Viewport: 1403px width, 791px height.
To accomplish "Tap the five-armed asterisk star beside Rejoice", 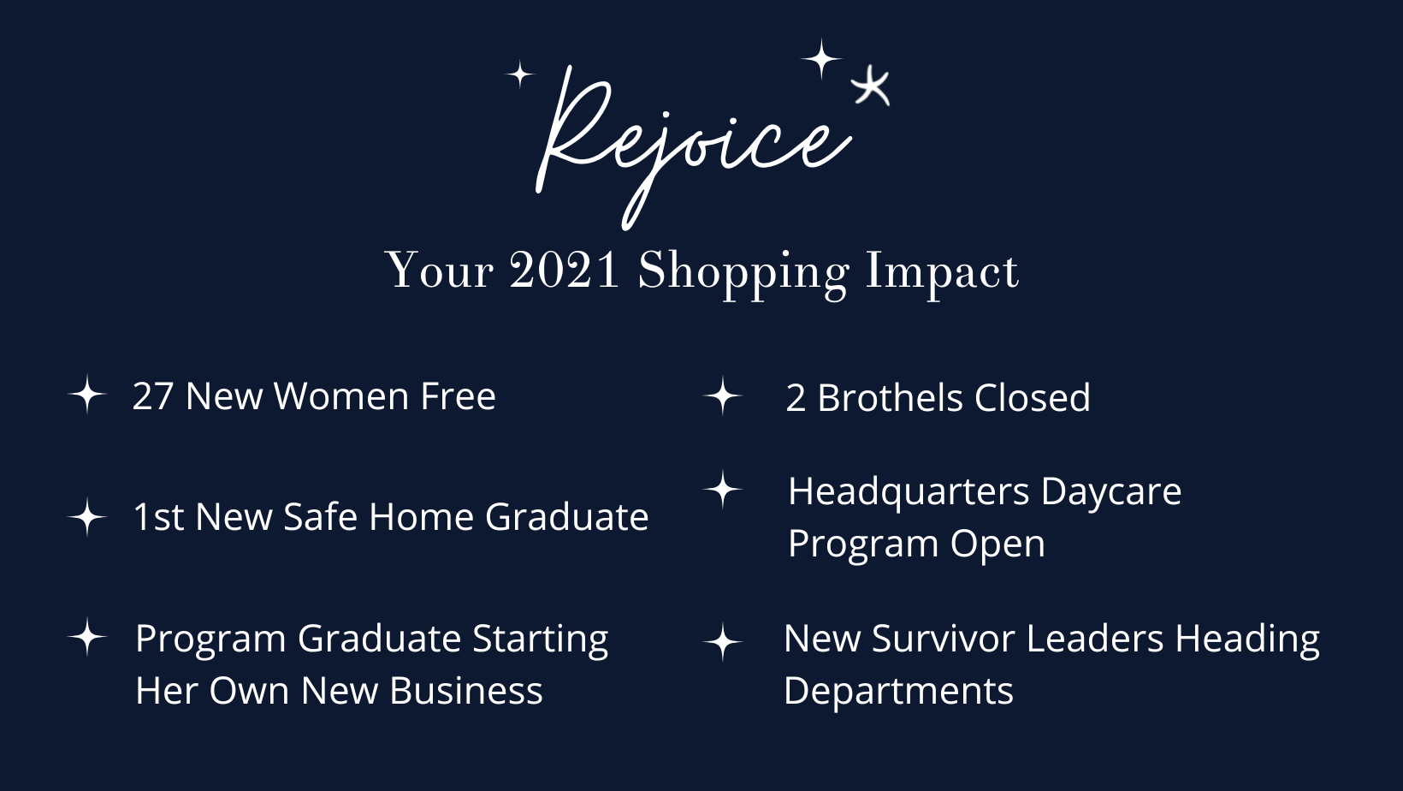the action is click(x=871, y=87).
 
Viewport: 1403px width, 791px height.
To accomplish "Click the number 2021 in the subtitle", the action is click(x=565, y=271).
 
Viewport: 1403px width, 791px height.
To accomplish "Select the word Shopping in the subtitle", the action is click(x=743, y=274).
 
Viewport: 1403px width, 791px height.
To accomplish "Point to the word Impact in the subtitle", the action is click(x=942, y=274).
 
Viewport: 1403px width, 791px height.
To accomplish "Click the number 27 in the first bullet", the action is click(x=153, y=396).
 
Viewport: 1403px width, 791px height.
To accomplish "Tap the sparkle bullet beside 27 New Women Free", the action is click(x=87, y=395).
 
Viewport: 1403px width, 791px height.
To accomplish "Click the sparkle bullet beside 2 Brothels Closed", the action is click(x=723, y=396).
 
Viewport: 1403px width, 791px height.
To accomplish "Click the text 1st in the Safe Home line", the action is click(x=158, y=517).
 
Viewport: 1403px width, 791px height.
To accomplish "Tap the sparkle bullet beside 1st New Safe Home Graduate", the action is click(x=87, y=517).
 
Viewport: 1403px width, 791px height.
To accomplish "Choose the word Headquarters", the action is click(x=909, y=492).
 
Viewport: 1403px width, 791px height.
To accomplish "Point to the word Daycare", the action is click(x=1111, y=492).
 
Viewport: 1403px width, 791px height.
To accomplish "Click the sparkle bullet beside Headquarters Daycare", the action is click(x=723, y=489).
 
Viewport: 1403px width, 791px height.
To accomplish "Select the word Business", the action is click(x=465, y=691).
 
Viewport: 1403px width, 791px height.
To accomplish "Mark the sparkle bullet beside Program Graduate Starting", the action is click(x=87, y=637).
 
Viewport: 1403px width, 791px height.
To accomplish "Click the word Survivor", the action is click(x=949, y=639).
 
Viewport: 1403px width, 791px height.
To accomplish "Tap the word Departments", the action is click(x=898, y=692).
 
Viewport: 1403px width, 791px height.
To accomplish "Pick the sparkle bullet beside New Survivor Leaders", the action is click(x=723, y=642).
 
